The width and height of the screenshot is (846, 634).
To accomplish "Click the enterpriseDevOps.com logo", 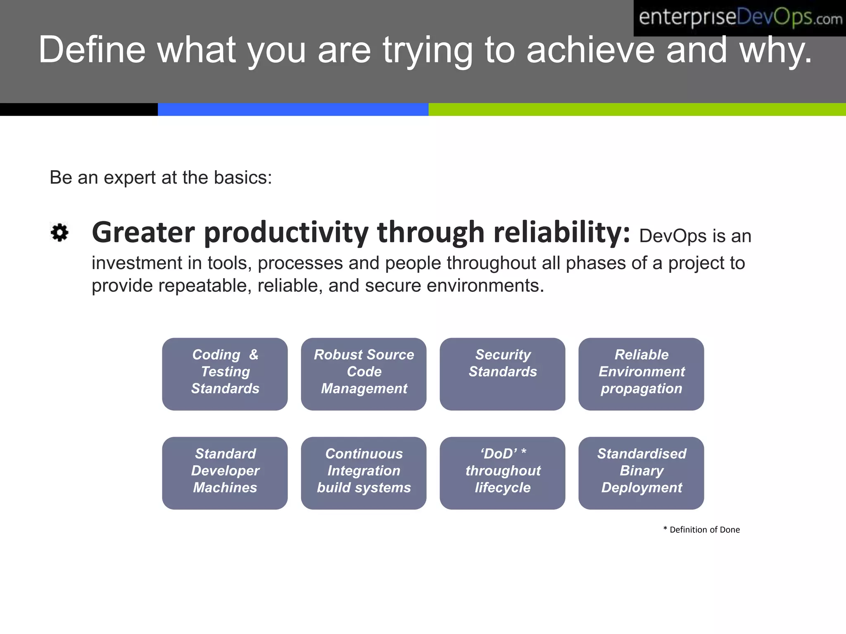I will click(739, 18).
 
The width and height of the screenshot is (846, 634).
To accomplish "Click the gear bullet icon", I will click(59, 232).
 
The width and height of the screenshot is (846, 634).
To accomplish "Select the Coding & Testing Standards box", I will click(225, 374).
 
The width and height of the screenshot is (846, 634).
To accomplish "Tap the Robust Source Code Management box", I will click(364, 374).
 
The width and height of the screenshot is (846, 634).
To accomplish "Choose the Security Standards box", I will click(502, 374).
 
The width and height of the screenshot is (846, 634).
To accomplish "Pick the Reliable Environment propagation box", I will click(641, 374).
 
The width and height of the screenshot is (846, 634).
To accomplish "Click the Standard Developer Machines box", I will click(225, 473).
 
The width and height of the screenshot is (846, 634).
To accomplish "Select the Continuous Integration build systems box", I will click(364, 473).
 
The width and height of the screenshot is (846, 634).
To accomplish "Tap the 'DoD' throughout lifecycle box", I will click(502, 473).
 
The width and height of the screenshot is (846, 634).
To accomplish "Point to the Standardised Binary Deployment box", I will click(641, 473).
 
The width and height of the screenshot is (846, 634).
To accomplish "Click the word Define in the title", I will click(92, 50).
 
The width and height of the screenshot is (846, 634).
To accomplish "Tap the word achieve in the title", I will click(591, 50).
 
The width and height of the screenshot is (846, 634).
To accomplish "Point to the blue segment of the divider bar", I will click(293, 109).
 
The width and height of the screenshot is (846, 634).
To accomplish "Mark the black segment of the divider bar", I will click(78, 109).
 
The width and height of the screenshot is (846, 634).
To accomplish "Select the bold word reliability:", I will click(562, 232).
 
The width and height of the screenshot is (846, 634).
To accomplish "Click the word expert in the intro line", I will click(129, 178).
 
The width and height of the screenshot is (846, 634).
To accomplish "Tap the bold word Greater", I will click(143, 232).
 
